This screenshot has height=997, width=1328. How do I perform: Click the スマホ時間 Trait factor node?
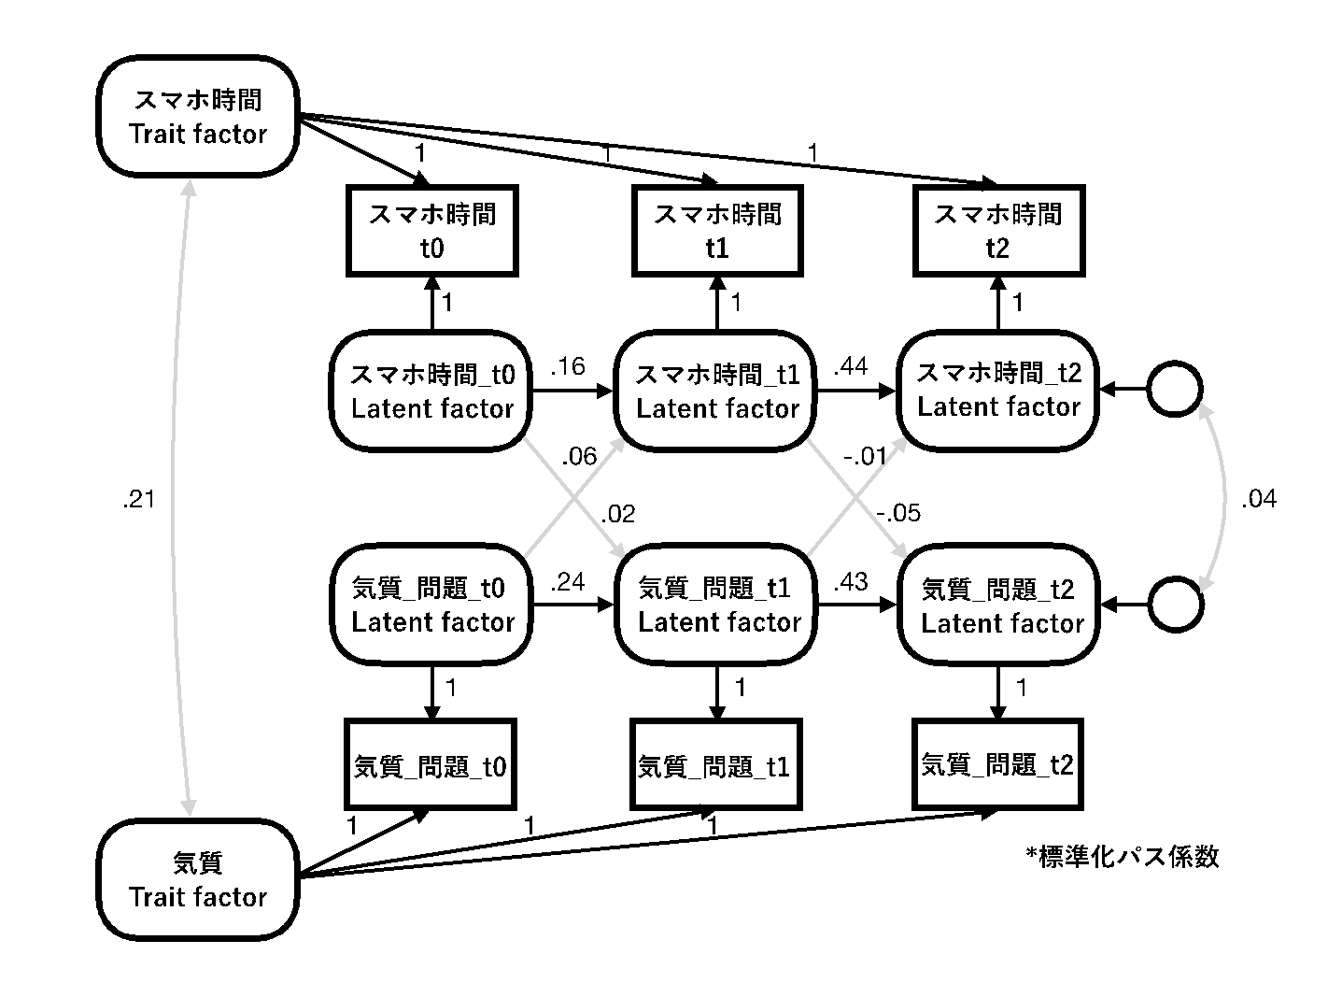pos(198,117)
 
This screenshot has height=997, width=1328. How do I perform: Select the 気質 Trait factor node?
pos(198,879)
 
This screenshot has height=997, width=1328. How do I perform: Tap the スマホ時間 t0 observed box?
pos(431,231)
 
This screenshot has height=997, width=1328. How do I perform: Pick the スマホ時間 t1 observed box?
pos(717,231)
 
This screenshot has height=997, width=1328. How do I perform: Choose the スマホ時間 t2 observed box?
pos(998,230)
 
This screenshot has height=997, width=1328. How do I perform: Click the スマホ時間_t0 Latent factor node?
pos(431,392)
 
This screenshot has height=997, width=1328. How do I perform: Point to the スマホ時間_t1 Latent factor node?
pos(717,392)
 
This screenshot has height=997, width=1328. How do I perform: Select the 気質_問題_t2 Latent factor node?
pos(998,605)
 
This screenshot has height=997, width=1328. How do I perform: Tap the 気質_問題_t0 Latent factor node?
pos(431,605)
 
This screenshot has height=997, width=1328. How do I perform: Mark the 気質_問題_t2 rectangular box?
pos(998,764)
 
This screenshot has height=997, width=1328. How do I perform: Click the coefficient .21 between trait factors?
pos(138,500)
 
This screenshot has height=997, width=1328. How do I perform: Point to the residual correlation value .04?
pos(1258,499)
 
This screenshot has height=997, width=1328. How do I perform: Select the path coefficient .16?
pos(568,366)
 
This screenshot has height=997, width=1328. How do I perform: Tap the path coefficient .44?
pos(850,366)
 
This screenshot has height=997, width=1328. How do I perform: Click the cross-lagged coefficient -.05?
pos(898,512)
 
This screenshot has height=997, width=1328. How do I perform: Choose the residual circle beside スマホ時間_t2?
pos(1174,390)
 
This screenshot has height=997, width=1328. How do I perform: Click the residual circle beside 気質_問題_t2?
pos(1174,605)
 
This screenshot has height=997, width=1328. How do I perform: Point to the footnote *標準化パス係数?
pos(1122,856)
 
